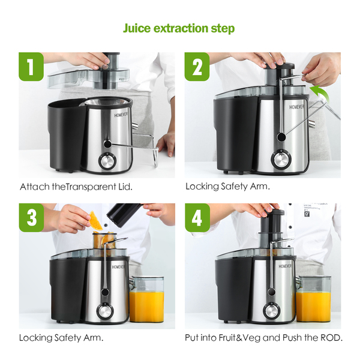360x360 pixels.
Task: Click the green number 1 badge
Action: (31, 67)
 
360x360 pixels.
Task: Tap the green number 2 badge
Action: (197, 67)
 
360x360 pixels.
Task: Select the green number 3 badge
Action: (31, 218)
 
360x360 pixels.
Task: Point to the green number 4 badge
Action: (197, 218)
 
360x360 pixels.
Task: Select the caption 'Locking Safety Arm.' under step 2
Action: (227, 187)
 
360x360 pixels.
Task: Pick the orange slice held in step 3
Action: (95, 221)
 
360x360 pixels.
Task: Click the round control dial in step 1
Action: (107, 161)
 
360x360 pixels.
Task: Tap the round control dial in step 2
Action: (281, 159)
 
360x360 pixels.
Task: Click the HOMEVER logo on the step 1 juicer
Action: (121, 115)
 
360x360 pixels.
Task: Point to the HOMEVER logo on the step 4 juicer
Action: (285, 266)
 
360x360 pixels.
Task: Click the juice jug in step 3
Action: (146, 299)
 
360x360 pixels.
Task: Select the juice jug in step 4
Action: (313, 299)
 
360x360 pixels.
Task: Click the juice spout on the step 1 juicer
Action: (135, 125)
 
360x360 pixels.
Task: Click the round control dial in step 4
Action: (271, 311)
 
